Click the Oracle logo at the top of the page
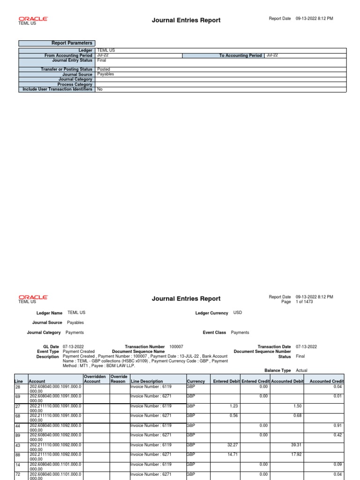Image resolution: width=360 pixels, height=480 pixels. pos(33,18)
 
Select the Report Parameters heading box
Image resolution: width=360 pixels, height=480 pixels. pos(56,43)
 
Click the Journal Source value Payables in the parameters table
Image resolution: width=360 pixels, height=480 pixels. pos(105,74)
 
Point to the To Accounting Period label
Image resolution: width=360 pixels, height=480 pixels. pos(240,55)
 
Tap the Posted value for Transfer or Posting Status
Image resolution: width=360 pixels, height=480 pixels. pos(104,69)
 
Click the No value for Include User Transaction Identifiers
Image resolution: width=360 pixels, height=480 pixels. pos(100,89)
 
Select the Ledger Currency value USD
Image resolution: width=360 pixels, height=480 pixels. pos(238,313)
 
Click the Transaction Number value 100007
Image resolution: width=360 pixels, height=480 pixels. pos(176,346)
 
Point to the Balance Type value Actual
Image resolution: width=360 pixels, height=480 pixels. pos(301,370)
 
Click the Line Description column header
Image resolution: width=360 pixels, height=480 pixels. pos(147,382)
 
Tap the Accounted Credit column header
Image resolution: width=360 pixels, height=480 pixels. pos(327,382)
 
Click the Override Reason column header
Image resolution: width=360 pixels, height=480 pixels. pos(119,379)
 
